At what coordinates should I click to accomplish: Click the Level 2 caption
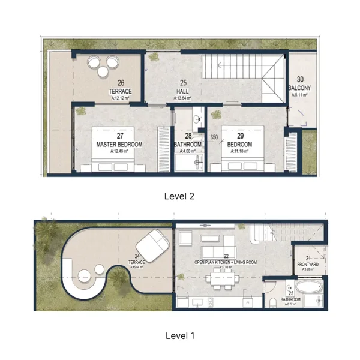click(x=179, y=196)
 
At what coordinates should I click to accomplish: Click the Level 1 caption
click(x=179, y=335)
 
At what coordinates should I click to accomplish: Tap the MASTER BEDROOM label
click(x=119, y=145)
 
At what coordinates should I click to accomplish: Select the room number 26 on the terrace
click(x=121, y=83)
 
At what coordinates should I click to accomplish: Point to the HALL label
click(x=184, y=91)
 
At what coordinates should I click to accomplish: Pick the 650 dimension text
click(x=213, y=138)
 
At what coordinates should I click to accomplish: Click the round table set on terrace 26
click(x=103, y=64)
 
